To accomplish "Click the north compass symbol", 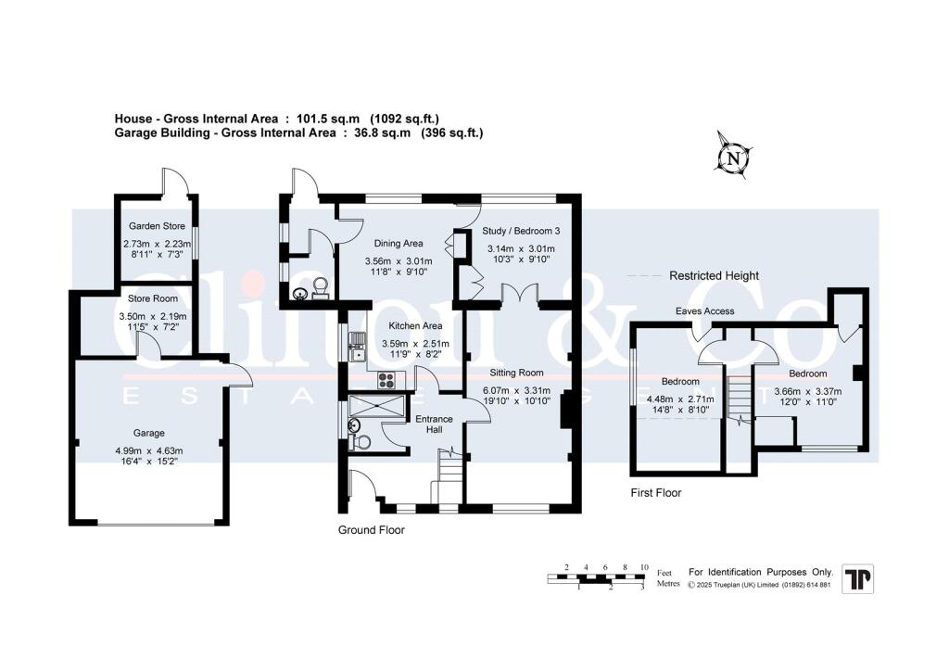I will [x=734, y=158].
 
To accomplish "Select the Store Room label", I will [x=153, y=298].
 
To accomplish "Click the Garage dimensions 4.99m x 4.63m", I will [x=148, y=451].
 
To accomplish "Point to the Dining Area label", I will [x=399, y=244].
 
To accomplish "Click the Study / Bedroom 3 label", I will [x=521, y=231].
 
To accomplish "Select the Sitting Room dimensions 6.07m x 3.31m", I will [x=516, y=390].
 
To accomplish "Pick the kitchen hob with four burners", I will [x=386, y=377].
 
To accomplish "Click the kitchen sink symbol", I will [x=356, y=350].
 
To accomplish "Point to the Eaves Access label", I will [x=704, y=311].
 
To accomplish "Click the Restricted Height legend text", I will [x=714, y=275].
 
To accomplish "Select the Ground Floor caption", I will [x=372, y=531].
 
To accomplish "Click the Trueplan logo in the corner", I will [x=856, y=579].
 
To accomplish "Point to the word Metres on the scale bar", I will [x=667, y=584].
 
